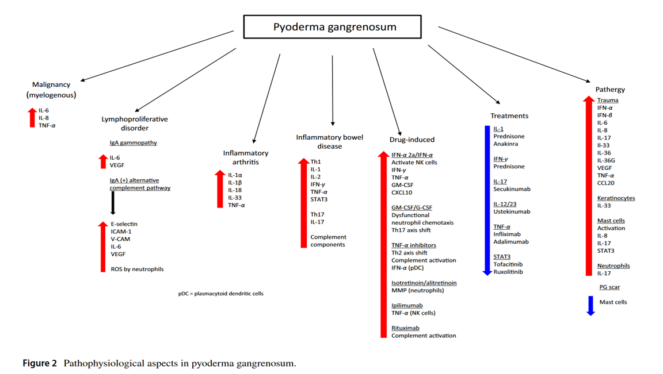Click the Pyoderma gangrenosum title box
click(332, 27)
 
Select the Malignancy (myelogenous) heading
click(51, 90)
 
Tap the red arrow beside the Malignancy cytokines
click(32, 117)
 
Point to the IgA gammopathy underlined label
click(133, 142)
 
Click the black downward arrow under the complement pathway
click(113, 203)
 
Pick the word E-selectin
click(124, 224)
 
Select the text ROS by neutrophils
click(137, 269)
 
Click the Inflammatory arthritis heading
click(246, 157)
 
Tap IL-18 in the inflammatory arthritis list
click(234, 190)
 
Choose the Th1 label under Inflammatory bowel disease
click(315, 162)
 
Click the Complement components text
click(328, 241)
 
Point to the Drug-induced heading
click(411, 140)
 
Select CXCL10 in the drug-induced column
click(402, 192)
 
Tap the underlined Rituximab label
click(405, 328)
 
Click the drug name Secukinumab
click(512, 189)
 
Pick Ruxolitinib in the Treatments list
click(508, 272)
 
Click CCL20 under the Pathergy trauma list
click(605, 183)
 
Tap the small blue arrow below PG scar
click(590, 305)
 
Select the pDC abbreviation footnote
click(220, 294)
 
